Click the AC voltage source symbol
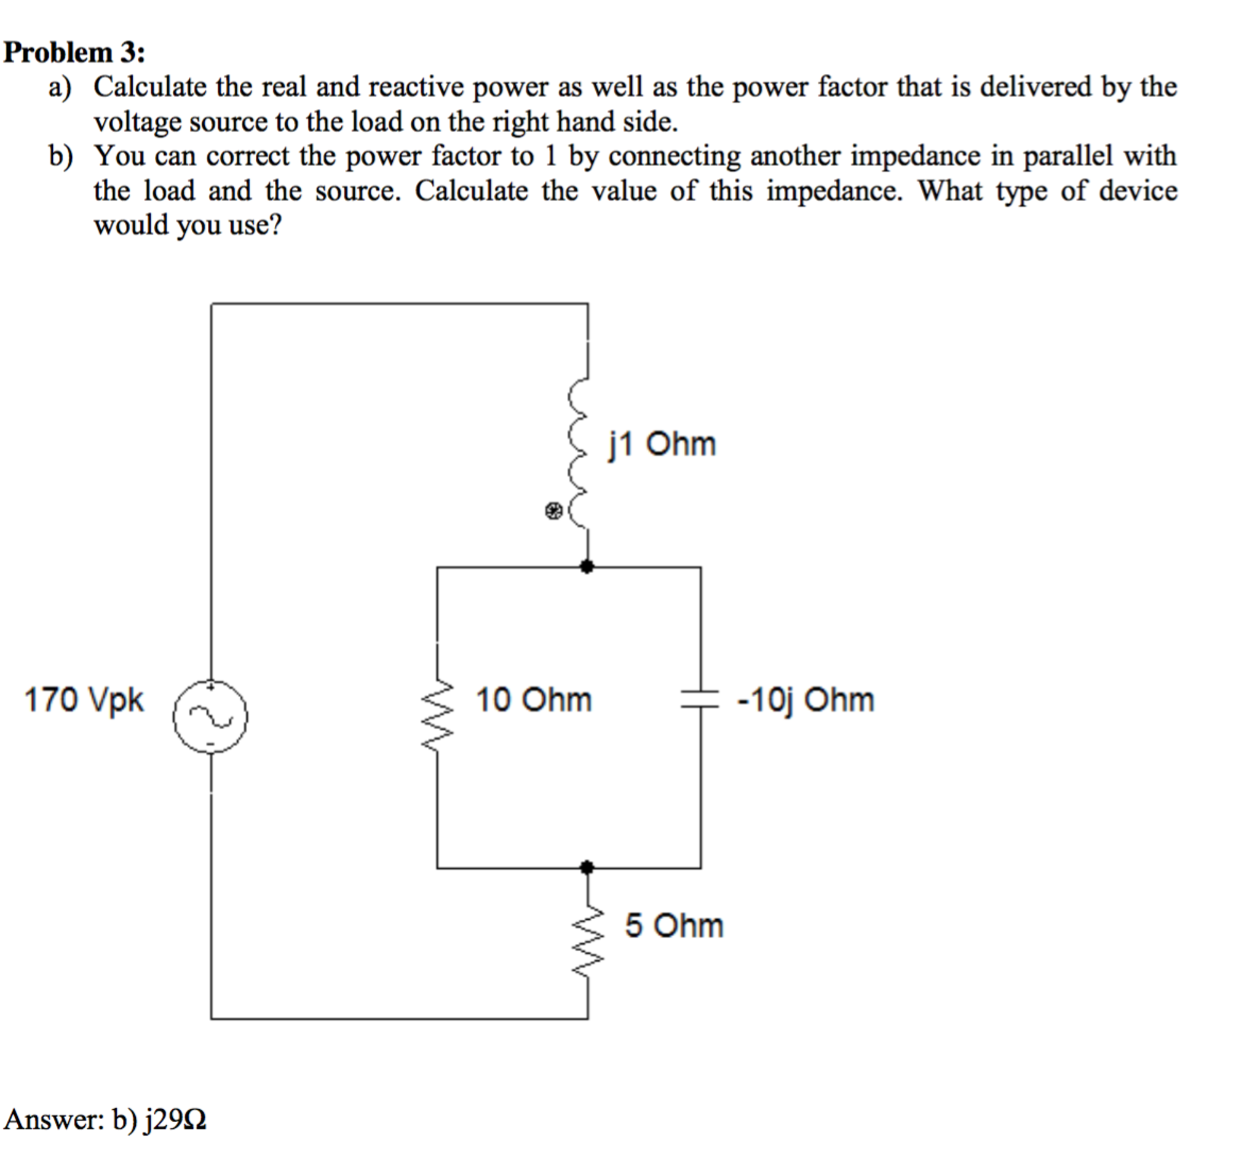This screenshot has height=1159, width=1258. [x=210, y=716]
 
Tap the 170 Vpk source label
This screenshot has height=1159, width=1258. [x=84, y=699]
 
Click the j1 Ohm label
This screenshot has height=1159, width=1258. [x=662, y=444]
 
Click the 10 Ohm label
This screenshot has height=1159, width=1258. [x=533, y=699]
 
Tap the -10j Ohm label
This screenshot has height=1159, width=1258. [x=806, y=699]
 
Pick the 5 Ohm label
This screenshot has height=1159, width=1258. [x=673, y=926]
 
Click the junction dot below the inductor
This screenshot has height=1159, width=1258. [x=587, y=567]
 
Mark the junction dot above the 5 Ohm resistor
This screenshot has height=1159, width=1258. [x=587, y=868]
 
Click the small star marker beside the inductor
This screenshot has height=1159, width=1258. [x=553, y=511]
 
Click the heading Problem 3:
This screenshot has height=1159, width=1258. [x=74, y=52]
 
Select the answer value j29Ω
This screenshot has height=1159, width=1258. [x=176, y=1119]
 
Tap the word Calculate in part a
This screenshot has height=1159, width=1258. [x=150, y=87]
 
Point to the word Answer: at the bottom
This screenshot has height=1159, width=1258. [x=54, y=1119]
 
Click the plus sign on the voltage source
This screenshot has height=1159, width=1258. [x=212, y=687]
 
